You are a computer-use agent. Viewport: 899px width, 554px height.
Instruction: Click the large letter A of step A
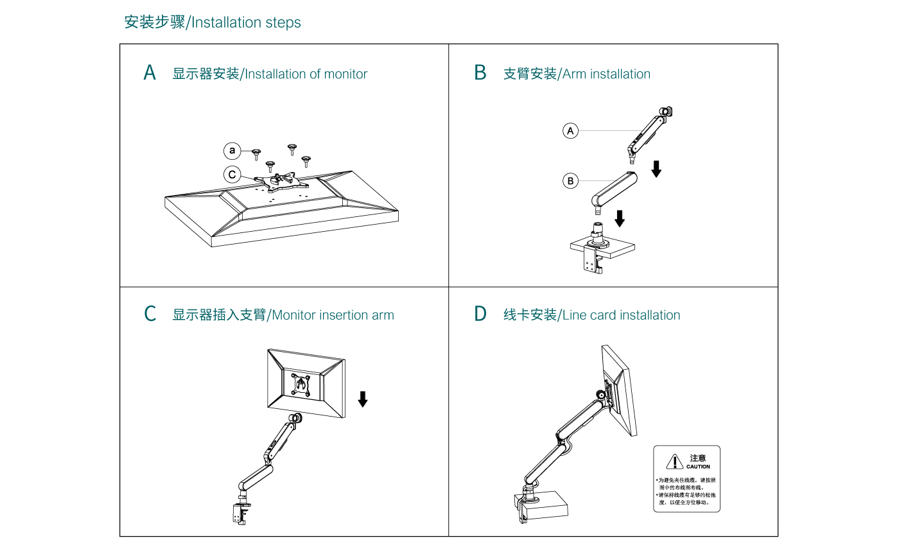(x=150, y=73)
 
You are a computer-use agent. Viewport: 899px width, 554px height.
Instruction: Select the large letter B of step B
(x=480, y=73)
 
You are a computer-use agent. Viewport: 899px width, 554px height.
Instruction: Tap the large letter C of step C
(x=150, y=315)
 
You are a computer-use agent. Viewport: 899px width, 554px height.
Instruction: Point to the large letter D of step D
(x=480, y=315)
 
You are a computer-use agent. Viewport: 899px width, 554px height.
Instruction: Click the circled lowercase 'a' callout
(x=232, y=151)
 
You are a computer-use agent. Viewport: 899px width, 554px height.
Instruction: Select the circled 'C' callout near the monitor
(x=232, y=174)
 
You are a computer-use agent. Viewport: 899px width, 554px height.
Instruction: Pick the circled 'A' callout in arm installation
(x=570, y=131)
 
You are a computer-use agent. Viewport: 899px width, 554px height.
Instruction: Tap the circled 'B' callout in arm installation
(x=570, y=181)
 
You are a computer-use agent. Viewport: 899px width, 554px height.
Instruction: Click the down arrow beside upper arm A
(x=656, y=169)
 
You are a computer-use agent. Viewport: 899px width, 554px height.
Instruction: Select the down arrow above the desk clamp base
(x=619, y=218)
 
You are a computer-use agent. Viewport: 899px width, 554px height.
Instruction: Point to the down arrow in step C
(x=363, y=399)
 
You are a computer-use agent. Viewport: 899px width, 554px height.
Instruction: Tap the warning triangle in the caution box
(x=674, y=462)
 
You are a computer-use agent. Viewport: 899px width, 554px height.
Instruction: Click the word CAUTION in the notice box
(x=698, y=467)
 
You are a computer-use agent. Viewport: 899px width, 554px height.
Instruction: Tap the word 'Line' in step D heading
(x=575, y=315)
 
